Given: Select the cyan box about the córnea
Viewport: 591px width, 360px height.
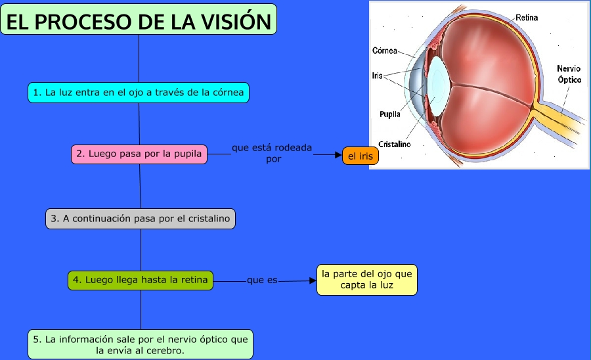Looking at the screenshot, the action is point(139,93).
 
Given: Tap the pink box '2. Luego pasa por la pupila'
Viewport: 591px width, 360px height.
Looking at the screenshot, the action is point(139,154).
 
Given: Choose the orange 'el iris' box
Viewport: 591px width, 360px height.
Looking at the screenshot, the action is point(361,156).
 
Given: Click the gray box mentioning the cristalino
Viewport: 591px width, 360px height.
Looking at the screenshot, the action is point(141,219).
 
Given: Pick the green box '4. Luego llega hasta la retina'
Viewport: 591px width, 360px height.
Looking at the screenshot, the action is point(141,280).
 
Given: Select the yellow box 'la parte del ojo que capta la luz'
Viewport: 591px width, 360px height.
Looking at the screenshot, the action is point(366,280).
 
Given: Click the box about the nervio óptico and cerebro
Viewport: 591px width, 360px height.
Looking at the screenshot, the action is point(141,344).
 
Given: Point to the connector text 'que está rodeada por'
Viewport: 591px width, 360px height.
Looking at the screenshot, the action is point(272,153).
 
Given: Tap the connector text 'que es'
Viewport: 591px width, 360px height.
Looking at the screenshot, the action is point(262,281).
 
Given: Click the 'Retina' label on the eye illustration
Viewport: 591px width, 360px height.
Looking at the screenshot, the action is point(527,18).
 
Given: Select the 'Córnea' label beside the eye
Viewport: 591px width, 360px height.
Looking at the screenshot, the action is point(385,51).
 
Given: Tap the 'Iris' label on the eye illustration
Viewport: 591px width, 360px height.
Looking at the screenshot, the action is point(377,76).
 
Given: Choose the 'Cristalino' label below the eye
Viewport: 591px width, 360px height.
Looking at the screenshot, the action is point(395,144).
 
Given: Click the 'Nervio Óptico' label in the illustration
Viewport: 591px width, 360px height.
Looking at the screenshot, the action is point(569,74).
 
